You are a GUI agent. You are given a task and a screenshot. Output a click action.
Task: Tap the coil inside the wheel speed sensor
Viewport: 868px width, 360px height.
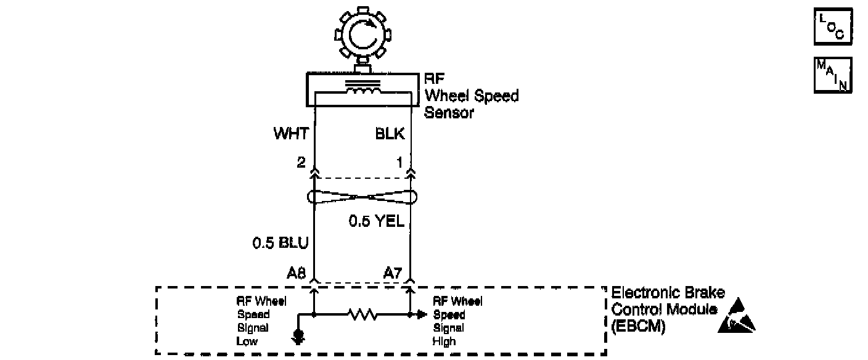tap(362, 91)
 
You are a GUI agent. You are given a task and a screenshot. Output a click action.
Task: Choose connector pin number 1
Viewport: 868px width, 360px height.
tap(399, 162)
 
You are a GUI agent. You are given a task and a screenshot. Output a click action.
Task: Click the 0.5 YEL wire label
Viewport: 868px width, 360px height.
tap(376, 221)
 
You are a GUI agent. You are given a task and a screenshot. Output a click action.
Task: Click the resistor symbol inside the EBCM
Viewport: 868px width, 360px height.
tap(362, 315)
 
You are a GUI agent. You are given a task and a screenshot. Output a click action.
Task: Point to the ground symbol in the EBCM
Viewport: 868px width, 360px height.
tap(299, 337)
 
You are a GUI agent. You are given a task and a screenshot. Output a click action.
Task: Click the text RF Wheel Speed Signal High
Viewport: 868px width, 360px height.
tap(457, 321)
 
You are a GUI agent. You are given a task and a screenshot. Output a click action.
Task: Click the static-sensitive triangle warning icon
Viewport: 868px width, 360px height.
tap(736, 316)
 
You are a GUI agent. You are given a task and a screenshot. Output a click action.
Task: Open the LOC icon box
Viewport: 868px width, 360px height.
tap(833, 27)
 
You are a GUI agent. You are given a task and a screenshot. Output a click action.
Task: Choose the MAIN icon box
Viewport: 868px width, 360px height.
tap(833, 75)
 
